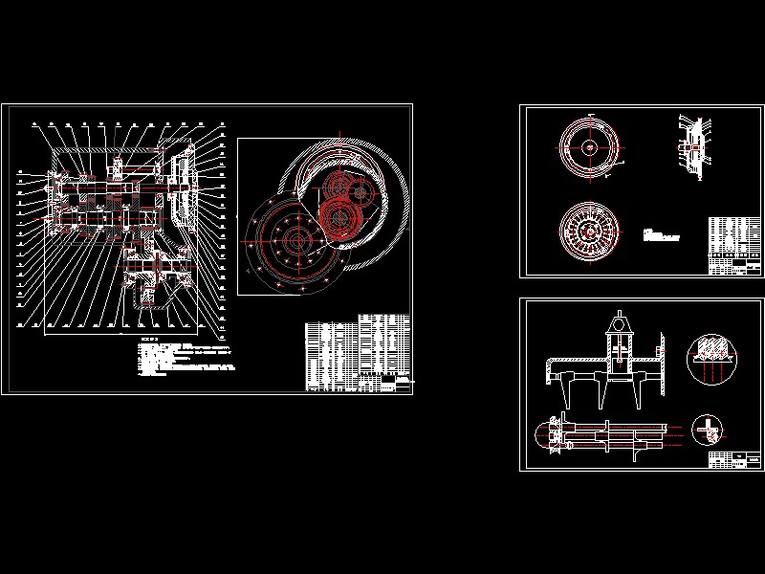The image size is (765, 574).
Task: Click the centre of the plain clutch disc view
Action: point(590,148)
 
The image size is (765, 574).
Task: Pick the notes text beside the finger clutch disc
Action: point(661,234)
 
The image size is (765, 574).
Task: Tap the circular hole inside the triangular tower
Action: point(621,333)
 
